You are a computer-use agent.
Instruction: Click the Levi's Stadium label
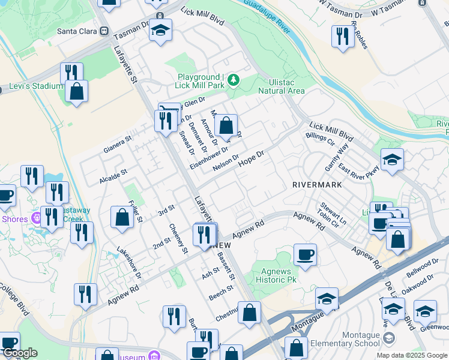pyautogui.click(x=35, y=86)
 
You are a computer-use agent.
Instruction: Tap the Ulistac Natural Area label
pyautogui.click(x=282, y=86)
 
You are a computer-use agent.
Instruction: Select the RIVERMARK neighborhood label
pyautogui.click(x=317, y=185)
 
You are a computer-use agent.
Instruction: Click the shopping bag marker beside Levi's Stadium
pyautogui.click(x=77, y=91)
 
